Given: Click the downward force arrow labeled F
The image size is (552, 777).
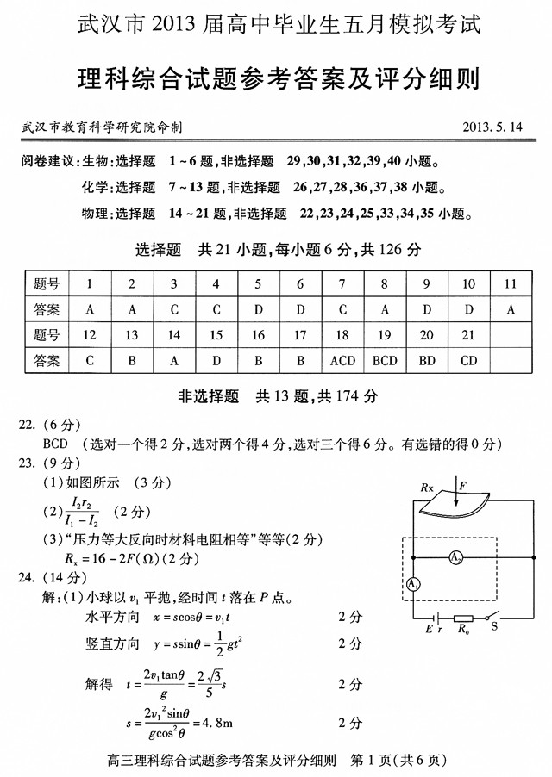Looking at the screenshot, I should click(x=456, y=500).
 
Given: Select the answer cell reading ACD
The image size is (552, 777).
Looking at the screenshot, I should click(x=342, y=360).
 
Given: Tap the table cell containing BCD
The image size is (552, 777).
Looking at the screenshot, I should click(x=385, y=360).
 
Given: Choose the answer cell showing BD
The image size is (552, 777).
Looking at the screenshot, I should click(x=427, y=360).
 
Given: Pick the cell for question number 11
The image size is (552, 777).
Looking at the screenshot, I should click(x=511, y=283).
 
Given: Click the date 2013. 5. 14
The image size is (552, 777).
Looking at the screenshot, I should click(x=492, y=127).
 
